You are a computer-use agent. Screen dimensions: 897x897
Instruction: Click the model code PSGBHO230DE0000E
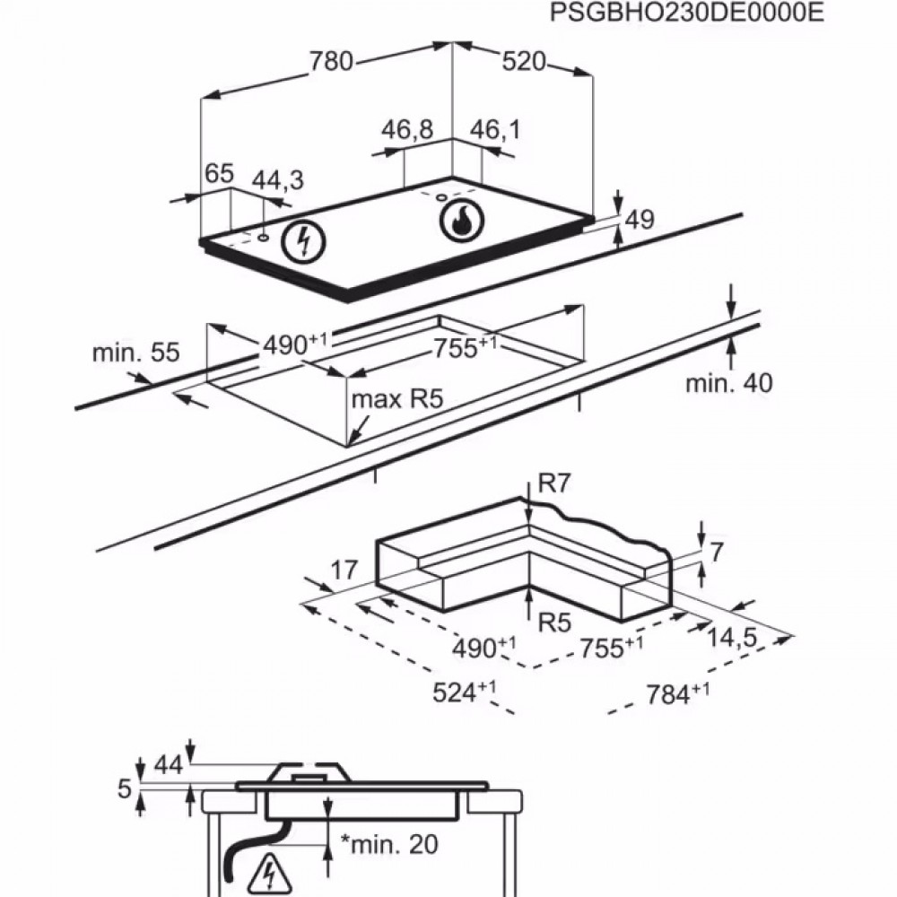[674, 13]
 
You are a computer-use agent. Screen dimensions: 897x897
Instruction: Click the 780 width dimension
[331, 61]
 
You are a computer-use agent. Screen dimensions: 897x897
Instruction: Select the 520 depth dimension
[523, 61]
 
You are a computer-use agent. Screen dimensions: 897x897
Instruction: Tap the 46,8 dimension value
[406, 130]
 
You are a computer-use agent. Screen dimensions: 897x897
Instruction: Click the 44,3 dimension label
[277, 179]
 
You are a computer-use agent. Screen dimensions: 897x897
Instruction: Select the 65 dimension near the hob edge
[219, 173]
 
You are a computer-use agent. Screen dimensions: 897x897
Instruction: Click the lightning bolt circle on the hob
[302, 240]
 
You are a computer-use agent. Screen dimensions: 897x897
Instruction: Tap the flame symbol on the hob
[461, 221]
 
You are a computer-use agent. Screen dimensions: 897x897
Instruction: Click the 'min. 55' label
[125, 353]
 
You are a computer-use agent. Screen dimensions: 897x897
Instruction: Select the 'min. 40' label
[728, 384]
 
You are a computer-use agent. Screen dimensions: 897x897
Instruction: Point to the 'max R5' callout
[398, 399]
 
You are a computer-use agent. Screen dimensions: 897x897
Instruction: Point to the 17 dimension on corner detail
[344, 570]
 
